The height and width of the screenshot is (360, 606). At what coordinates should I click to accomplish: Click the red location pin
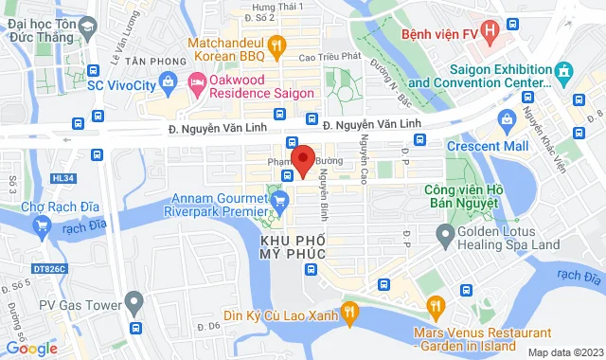[x=302, y=160]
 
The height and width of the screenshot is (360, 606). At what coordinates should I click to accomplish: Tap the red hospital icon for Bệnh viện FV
[x=489, y=32]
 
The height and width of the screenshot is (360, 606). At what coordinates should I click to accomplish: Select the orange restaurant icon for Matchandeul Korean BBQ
[x=276, y=44]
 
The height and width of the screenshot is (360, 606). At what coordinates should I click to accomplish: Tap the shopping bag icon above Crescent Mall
[x=507, y=118]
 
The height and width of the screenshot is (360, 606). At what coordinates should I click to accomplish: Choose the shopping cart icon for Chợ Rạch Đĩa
[x=41, y=225]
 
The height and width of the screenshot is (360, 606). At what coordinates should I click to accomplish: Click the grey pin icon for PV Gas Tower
[x=134, y=303]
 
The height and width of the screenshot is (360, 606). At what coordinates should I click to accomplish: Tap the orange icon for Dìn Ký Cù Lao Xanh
[x=349, y=310]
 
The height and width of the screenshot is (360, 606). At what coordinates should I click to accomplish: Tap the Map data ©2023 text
[x=564, y=352]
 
